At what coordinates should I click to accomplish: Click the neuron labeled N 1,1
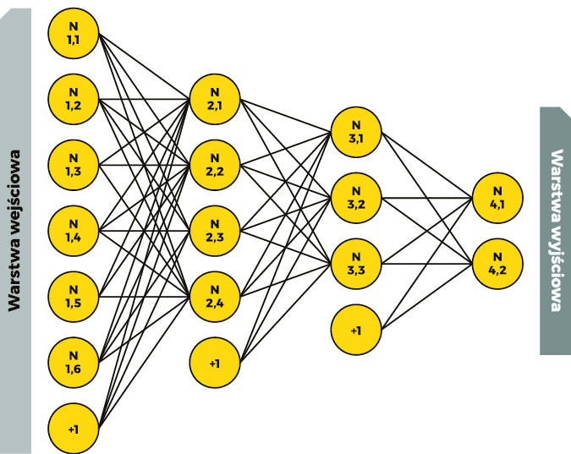pyautogui.click(x=74, y=33)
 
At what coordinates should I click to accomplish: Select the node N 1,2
pyautogui.click(x=74, y=99)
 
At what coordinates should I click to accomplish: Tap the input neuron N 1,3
pyautogui.click(x=74, y=165)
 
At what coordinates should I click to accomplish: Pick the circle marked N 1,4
pyautogui.click(x=74, y=231)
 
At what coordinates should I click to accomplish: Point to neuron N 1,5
pyautogui.click(x=74, y=297)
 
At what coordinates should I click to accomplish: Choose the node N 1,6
pyautogui.click(x=74, y=363)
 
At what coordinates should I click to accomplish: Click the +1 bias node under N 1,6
pyautogui.click(x=74, y=429)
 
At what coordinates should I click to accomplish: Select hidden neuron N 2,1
pyautogui.click(x=215, y=99)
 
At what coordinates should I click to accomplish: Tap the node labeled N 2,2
pyautogui.click(x=215, y=165)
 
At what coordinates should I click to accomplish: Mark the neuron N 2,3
pyautogui.click(x=215, y=231)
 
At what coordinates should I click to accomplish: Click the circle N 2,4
pyautogui.click(x=215, y=297)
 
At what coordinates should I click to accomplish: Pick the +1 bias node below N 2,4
pyautogui.click(x=215, y=363)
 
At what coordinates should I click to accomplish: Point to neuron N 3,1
pyautogui.click(x=356, y=132)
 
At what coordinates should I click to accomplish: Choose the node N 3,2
pyautogui.click(x=356, y=198)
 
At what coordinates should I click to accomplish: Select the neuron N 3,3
pyautogui.click(x=356, y=264)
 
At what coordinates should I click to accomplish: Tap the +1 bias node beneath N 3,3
pyautogui.click(x=356, y=330)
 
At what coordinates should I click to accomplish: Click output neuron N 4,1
pyautogui.click(x=497, y=198)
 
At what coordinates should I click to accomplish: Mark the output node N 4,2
pyautogui.click(x=497, y=264)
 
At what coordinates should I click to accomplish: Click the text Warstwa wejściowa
pyautogui.click(x=14, y=231)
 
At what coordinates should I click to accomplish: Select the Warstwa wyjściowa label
pyautogui.click(x=557, y=230)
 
